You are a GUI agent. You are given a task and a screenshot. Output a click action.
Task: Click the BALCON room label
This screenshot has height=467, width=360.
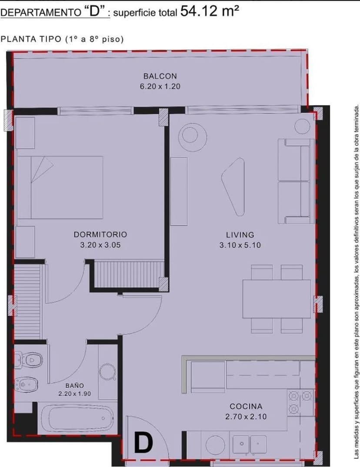point(160,76)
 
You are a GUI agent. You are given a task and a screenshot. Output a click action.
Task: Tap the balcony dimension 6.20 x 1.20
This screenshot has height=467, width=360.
point(160,86)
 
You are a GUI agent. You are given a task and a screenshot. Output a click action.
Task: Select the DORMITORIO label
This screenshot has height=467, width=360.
point(100,235)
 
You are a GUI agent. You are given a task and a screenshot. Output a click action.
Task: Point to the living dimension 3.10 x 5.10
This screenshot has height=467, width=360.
point(240,245)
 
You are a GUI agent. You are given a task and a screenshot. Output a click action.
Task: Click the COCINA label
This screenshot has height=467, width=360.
point(246,406)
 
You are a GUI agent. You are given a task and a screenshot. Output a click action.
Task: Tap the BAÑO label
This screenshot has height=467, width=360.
point(75,385)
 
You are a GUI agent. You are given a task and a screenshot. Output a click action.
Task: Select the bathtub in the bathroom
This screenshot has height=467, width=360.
point(77,418)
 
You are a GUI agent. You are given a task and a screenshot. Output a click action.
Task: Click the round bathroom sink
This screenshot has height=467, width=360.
point(107,372)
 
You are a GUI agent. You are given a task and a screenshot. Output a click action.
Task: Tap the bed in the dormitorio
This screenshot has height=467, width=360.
point(60,187)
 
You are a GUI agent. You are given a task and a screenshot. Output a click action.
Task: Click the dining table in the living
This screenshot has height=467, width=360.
point(277,299)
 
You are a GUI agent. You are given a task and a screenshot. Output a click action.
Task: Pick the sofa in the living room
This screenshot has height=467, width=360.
point(296,181)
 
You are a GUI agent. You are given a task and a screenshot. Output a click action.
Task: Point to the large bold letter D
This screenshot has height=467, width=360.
point(143,443)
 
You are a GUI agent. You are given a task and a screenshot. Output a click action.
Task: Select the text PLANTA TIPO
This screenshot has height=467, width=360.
point(31,39)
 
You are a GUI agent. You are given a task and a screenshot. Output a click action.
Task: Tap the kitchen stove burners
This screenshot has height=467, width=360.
point(300,402)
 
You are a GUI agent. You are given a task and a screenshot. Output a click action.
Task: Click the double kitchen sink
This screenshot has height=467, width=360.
point(250,444)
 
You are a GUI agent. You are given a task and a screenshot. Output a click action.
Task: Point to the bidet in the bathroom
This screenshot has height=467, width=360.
point(26,384)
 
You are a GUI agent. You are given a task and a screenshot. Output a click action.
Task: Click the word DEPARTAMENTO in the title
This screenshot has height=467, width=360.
point(40,13)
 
